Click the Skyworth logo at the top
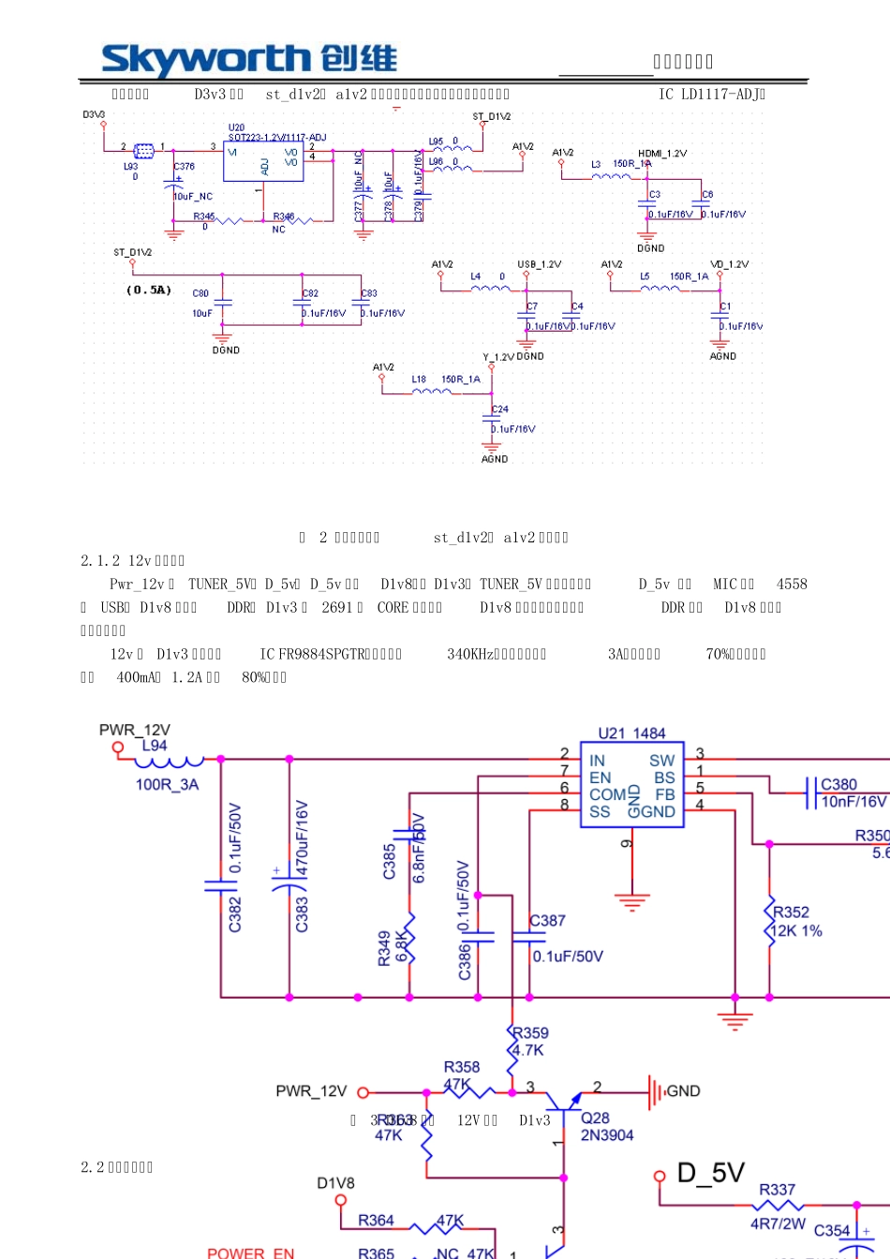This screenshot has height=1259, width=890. tap(249, 60)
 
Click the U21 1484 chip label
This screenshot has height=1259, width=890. tap(631, 733)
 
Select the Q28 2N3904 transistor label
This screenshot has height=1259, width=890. tap(607, 1127)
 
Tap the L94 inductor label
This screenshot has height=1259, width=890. tap(155, 746)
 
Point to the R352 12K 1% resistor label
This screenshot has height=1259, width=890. tap(792, 921)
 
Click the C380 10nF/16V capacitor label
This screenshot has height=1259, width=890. tap(853, 792)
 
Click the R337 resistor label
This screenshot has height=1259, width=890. tap(777, 1190)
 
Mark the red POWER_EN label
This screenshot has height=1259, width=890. tap(250, 1252)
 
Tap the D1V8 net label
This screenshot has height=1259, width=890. tap(335, 1183)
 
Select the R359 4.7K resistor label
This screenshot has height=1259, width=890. tap(530, 1041)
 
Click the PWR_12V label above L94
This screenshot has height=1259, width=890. tap(135, 730)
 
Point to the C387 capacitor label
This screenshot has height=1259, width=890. tap(548, 921)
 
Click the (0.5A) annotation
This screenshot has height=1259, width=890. tap(148, 290)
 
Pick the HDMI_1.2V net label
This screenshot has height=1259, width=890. tap(662, 154)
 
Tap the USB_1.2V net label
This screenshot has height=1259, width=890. tap(539, 264)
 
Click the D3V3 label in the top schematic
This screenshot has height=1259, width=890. tap(94, 115)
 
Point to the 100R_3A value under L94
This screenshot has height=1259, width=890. tap(167, 784)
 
